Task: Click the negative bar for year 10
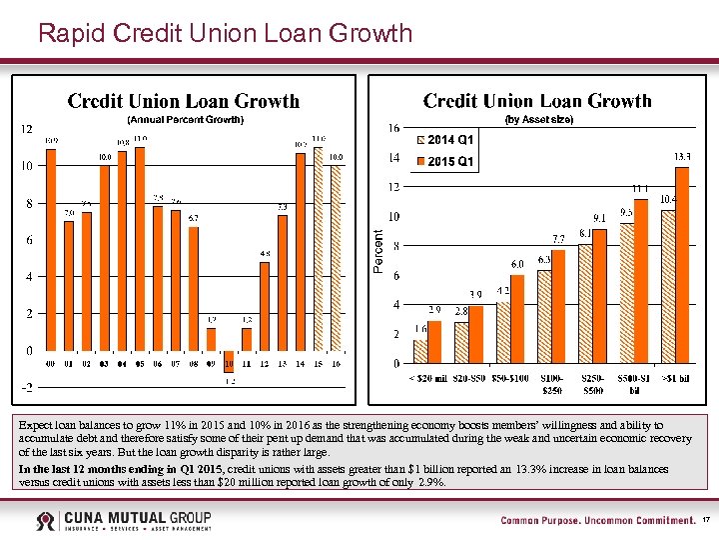[229, 360]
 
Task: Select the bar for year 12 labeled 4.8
[265, 306]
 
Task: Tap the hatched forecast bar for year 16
[337, 258]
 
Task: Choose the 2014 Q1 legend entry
[450, 139]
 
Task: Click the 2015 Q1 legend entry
[450, 162]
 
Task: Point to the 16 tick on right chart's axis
[394, 128]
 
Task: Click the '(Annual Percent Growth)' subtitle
[184, 120]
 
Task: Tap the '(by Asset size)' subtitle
[538, 119]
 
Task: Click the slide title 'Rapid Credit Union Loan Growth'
[225, 33]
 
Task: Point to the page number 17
[706, 520]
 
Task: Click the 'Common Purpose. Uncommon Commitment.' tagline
[597, 520]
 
